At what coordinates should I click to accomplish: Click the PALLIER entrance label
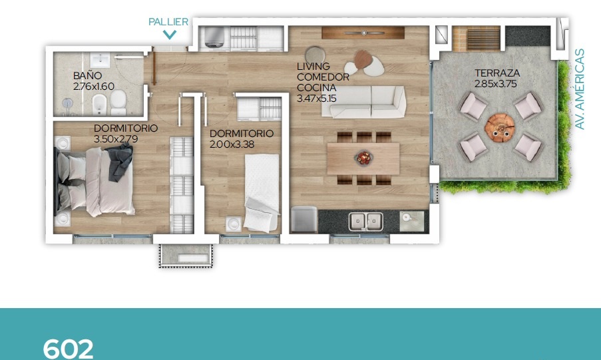[x=168, y=22]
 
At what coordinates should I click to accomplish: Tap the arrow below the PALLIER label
[x=170, y=35]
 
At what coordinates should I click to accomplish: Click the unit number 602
[x=69, y=349]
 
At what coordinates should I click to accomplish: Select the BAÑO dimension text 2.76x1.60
[x=94, y=87]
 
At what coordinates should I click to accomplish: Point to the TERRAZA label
[x=497, y=73]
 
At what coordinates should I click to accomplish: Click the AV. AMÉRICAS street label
[x=580, y=89]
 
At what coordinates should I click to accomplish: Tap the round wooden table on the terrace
[x=499, y=128]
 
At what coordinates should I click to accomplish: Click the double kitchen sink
[x=365, y=221]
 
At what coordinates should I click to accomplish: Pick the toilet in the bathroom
[x=118, y=102]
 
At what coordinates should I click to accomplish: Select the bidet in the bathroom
[x=99, y=104]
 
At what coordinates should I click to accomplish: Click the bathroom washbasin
[x=100, y=60]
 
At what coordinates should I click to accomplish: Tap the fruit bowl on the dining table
[x=363, y=157]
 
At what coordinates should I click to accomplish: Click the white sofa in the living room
[x=364, y=102]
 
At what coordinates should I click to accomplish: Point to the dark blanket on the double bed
[x=120, y=162]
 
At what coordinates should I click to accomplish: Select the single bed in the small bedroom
[x=262, y=192]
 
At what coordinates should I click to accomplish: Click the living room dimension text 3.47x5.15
[x=316, y=98]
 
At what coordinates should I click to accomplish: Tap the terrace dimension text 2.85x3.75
[x=496, y=84]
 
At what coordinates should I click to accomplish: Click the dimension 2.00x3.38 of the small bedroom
[x=232, y=144]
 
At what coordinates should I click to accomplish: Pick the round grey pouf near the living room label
[x=315, y=55]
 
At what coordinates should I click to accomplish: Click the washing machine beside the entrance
[x=214, y=37]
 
